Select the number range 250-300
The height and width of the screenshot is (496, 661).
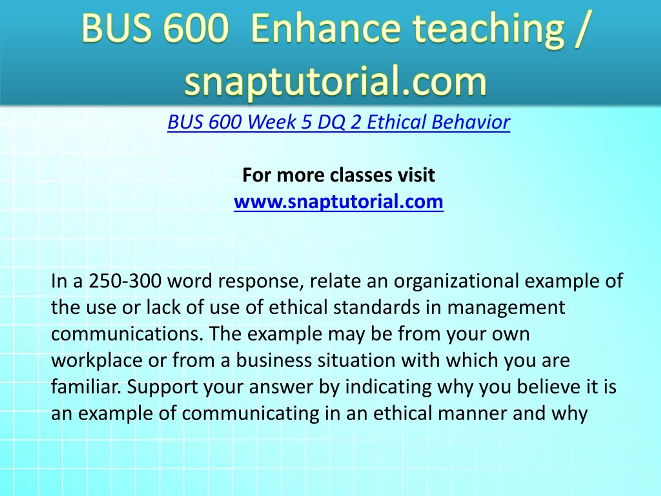click(125, 281)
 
